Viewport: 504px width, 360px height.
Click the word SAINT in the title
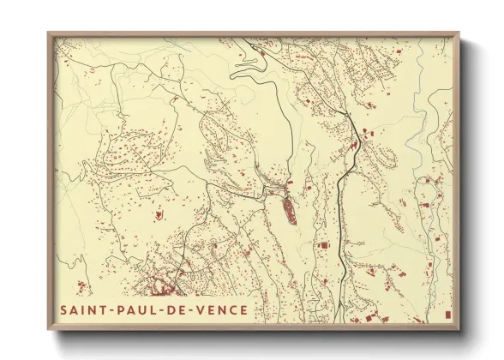(83, 310)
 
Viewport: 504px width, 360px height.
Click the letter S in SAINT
(64, 310)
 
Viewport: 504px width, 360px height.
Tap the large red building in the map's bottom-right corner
(447, 315)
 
